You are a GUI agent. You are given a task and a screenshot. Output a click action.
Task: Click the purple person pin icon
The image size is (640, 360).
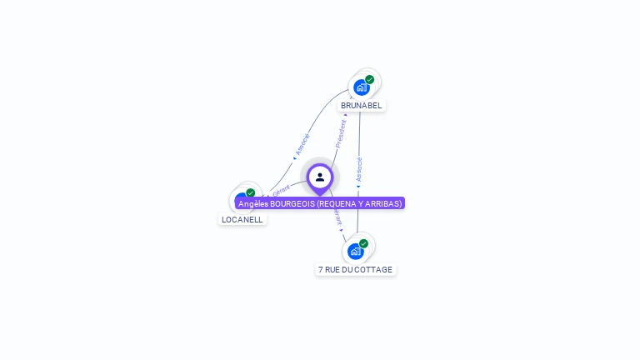(x=320, y=177)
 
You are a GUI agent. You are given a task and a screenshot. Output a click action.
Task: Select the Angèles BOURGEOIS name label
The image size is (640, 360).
(x=320, y=203)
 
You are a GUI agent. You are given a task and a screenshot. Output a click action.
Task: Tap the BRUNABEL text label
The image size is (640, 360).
(x=361, y=106)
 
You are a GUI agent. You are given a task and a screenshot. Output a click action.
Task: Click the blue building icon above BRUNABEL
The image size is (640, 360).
(x=361, y=87)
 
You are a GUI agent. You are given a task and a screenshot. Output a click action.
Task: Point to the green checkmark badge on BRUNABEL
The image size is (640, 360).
(x=369, y=80)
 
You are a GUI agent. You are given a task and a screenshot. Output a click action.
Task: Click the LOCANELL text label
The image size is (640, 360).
(x=242, y=220)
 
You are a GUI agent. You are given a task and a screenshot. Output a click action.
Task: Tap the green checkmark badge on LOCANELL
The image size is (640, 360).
(x=250, y=193)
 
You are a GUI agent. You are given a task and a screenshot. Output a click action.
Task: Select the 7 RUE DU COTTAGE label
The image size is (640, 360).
(x=355, y=270)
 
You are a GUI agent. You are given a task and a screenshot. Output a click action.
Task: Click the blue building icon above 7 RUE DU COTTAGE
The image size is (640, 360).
(x=356, y=251)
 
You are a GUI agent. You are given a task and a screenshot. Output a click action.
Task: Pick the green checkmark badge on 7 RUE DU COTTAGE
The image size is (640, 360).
(x=363, y=243)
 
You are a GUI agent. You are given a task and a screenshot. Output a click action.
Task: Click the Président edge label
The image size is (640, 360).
(x=341, y=133)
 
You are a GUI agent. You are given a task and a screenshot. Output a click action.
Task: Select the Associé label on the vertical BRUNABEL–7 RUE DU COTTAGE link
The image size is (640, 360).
(x=359, y=169)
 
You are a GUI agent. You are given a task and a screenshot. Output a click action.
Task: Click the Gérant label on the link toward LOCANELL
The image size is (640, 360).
(x=281, y=191)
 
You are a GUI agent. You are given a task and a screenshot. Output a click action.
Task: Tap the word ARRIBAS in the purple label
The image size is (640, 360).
(x=383, y=203)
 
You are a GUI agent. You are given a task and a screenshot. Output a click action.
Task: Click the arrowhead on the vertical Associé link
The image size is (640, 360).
(x=359, y=187)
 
